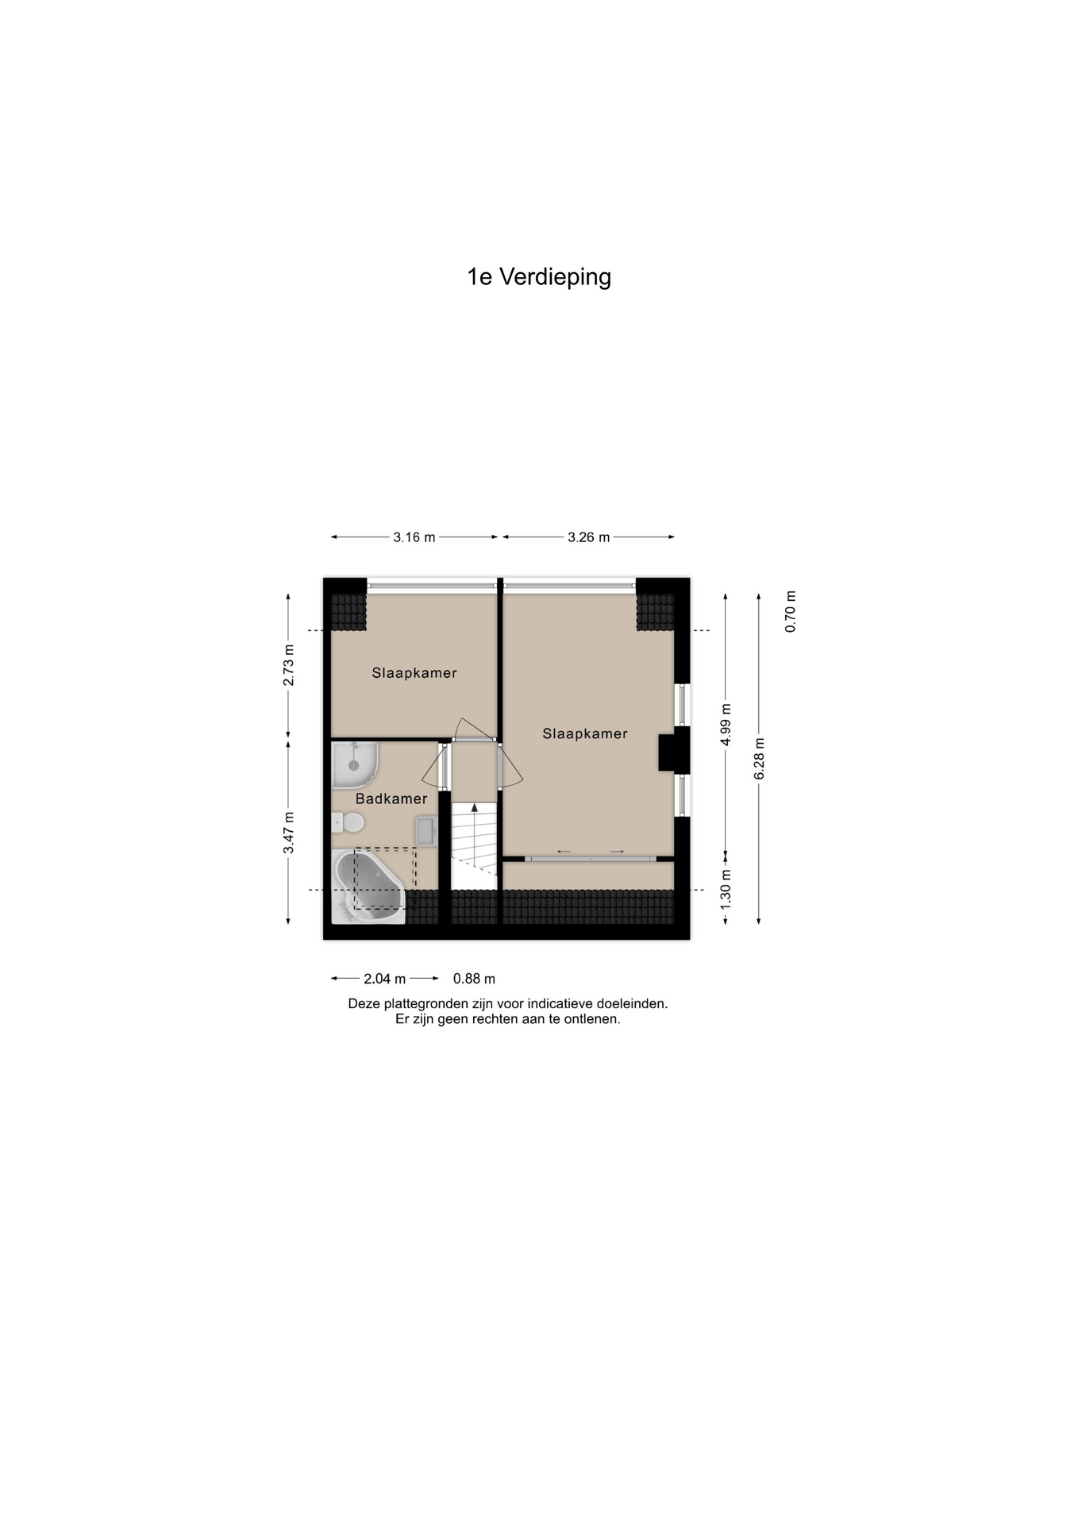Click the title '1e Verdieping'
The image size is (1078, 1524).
[x=539, y=277]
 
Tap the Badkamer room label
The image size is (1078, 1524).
[x=391, y=799]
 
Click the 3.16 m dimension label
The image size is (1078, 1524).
[x=414, y=537]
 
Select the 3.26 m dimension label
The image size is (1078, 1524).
[x=588, y=537]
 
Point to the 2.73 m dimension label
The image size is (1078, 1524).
[x=289, y=665]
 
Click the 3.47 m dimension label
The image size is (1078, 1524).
[x=289, y=833]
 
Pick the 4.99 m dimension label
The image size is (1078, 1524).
[x=726, y=724]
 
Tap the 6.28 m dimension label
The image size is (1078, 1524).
[x=760, y=758]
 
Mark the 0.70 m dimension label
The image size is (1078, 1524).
[x=791, y=612]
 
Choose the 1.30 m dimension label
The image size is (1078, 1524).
[x=726, y=889]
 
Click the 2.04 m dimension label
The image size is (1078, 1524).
[x=385, y=979]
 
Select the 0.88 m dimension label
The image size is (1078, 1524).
[x=474, y=979]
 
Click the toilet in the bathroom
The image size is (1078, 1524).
[x=348, y=822]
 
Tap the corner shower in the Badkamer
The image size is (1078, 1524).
[x=353, y=764]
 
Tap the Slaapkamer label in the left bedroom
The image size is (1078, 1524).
[x=414, y=673]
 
